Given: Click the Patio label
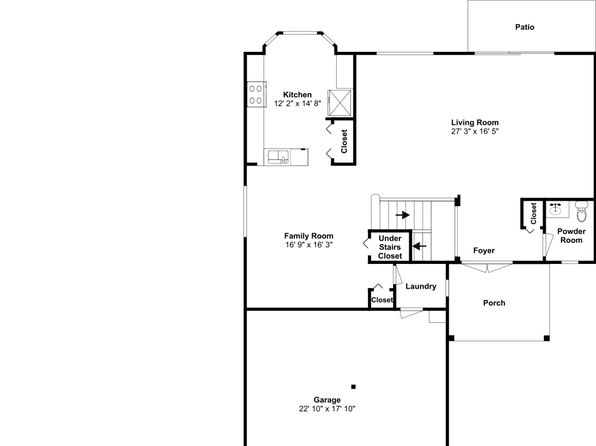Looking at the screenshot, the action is pos(525,27).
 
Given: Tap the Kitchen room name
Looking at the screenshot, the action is pos(297,94).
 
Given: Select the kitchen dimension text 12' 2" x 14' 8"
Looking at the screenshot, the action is pos(298,103).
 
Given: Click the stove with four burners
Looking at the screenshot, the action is pos(256,94).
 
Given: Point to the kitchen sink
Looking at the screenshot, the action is pos(278,157).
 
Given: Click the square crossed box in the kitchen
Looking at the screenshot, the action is pos(340,102).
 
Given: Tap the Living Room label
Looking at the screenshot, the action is pos(475,122).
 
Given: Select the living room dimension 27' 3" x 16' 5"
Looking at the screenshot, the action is pos(475,131).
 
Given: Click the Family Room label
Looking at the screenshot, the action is pos(309,236).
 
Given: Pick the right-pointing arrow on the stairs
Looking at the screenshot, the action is pos(403,215).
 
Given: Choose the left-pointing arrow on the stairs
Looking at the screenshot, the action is pos(419,246).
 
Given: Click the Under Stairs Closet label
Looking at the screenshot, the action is pos(390,247).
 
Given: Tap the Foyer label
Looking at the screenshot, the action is pos(484,251).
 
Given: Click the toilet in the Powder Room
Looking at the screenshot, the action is pos(582,211).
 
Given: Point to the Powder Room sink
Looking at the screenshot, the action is pos(556,209).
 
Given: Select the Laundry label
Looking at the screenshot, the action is pos(421,286).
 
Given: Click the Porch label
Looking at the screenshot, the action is pos(494,303).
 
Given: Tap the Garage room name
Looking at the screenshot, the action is pos(327,400).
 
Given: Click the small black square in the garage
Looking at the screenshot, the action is pos(353,387).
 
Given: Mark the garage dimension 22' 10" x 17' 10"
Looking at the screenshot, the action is pos(327,409).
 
